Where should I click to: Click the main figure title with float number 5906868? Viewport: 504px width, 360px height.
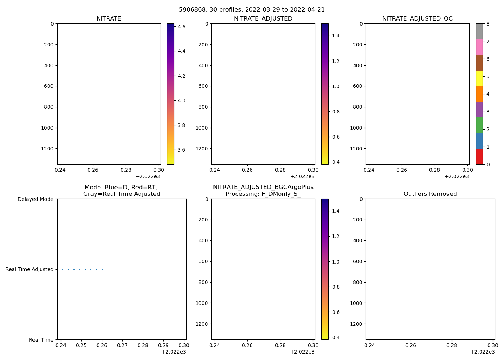pyautogui.click(x=252, y=10)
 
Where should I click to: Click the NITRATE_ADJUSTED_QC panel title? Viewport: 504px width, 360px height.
pyautogui.click(x=417, y=19)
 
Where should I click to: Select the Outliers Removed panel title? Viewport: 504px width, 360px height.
pyautogui.click(x=430, y=194)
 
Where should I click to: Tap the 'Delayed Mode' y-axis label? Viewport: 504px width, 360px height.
pyautogui.click(x=35, y=199)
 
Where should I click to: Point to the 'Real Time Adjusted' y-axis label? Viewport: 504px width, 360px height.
pyautogui.click(x=30, y=269)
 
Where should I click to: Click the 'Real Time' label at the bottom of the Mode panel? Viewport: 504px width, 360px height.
pyautogui.click(x=41, y=340)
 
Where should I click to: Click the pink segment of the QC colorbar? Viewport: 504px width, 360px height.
pyautogui.click(x=479, y=47)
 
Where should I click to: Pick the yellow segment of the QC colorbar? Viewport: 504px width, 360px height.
pyautogui.click(x=479, y=78)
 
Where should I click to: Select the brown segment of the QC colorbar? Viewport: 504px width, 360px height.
pyautogui.click(x=479, y=63)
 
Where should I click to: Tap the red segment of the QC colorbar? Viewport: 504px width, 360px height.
pyautogui.click(x=479, y=157)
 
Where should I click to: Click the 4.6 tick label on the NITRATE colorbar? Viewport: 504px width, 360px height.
pyautogui.click(x=181, y=27)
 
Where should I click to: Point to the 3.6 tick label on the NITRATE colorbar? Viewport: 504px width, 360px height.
pyautogui.click(x=181, y=150)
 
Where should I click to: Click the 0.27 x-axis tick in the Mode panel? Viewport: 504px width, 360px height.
pyautogui.click(x=122, y=345)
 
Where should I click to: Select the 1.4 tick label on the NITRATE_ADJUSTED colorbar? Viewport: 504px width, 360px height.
pyautogui.click(x=336, y=36)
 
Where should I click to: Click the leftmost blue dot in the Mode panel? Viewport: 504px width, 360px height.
pyautogui.click(x=63, y=269)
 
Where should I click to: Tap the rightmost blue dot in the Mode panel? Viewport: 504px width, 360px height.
pyautogui.click(x=102, y=269)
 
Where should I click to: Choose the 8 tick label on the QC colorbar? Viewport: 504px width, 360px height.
pyautogui.click(x=487, y=24)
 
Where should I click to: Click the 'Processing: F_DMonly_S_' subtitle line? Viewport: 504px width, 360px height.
pyautogui.click(x=263, y=194)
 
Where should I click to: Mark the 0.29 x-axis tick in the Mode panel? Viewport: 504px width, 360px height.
pyautogui.click(x=163, y=345)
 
